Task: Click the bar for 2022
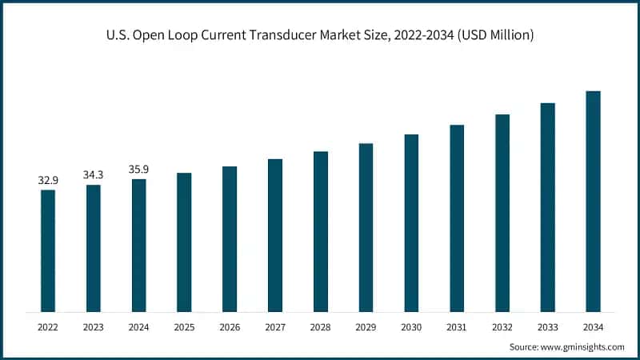click(x=48, y=250)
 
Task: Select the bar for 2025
click(x=184, y=242)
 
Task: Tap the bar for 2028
click(x=321, y=231)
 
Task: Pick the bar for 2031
click(x=457, y=218)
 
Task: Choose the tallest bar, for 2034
click(x=593, y=201)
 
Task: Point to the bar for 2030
click(x=411, y=222)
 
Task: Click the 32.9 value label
click(x=48, y=181)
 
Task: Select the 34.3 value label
click(x=94, y=175)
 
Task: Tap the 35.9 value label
click(x=139, y=170)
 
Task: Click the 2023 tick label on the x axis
click(x=94, y=327)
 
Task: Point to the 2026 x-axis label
click(x=230, y=327)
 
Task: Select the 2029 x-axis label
click(x=366, y=327)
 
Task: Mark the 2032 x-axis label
click(x=502, y=327)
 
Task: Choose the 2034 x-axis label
click(x=593, y=327)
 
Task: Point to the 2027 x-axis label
click(x=275, y=327)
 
